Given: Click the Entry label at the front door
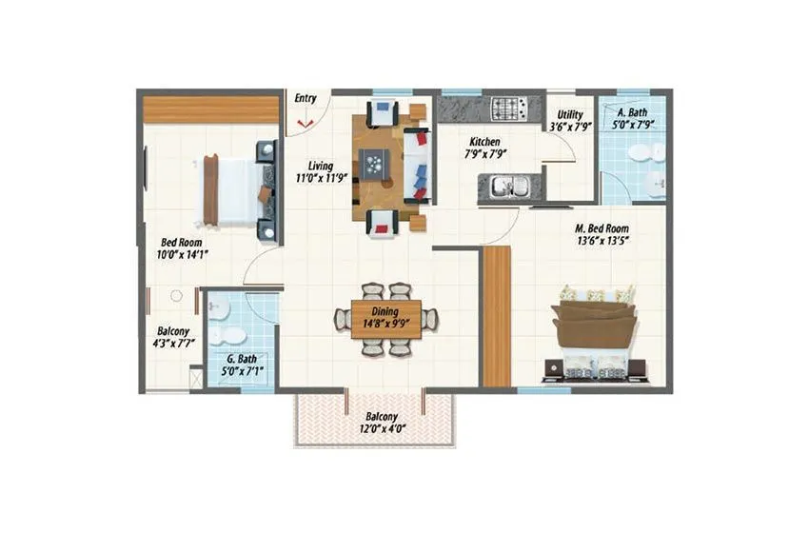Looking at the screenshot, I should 306,98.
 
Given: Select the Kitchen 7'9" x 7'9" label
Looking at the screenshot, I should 483,147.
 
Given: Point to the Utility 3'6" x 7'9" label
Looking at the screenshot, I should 569,119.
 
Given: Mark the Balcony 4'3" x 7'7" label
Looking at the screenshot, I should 175,338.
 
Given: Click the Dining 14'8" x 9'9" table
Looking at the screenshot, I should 386,318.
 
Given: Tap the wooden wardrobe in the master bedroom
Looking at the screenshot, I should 496,316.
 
